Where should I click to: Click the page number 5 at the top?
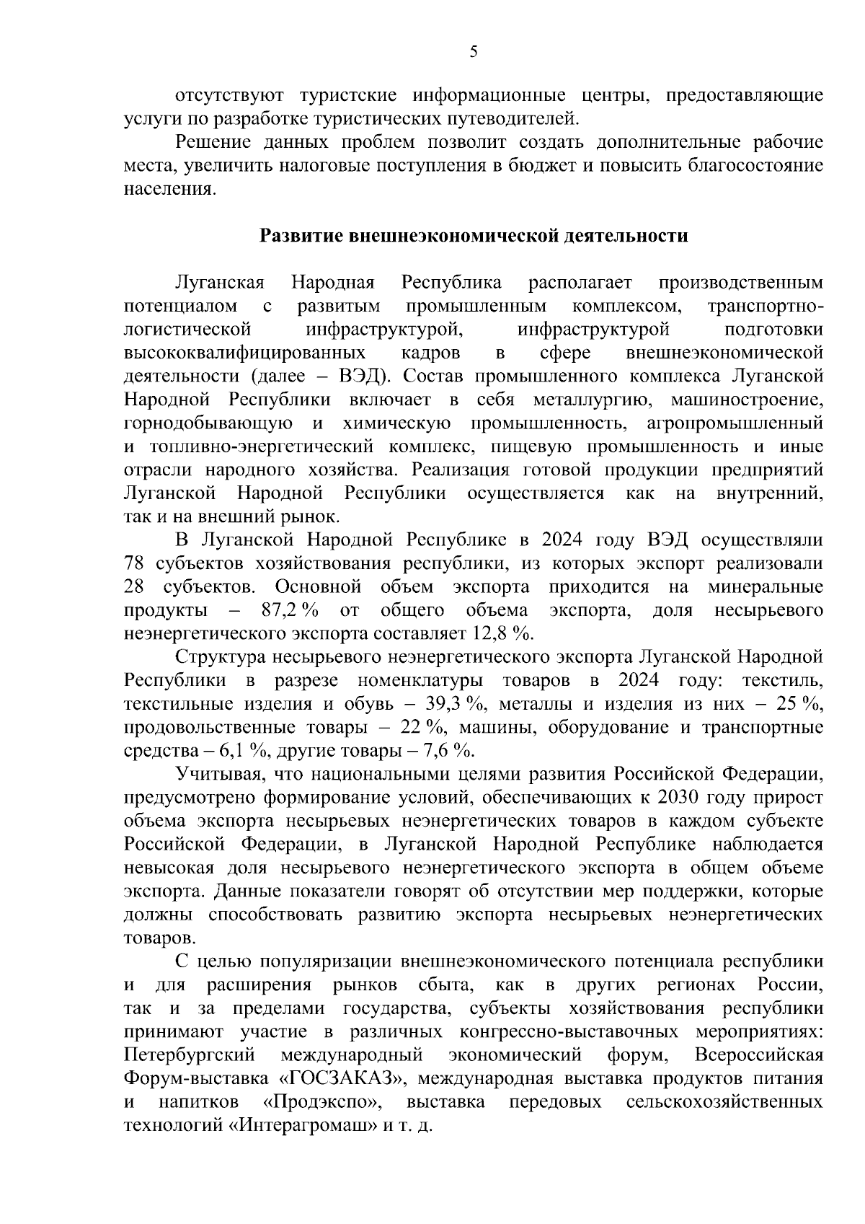click(x=474, y=51)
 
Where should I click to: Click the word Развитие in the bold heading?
click(x=301, y=236)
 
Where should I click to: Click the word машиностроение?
click(x=746, y=400)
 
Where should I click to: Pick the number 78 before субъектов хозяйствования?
click(x=135, y=563)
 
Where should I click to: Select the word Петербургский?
click(x=190, y=1055)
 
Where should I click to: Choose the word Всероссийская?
click(x=759, y=1055)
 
